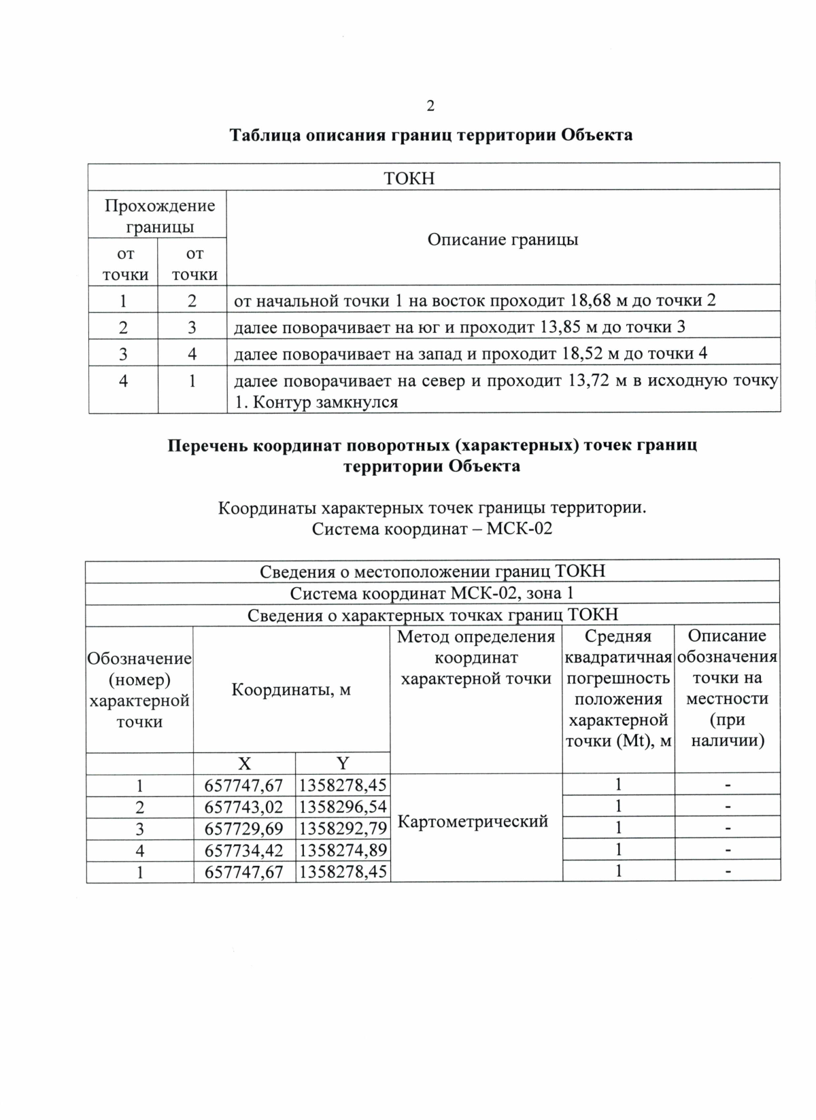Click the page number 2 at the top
tap(430, 105)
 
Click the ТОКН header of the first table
tap(409, 178)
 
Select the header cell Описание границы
tap(503, 239)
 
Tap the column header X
tap(243, 763)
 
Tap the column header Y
tap(343, 763)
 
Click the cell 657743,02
tap(243, 807)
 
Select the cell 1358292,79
tap(343, 829)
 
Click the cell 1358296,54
tap(343, 807)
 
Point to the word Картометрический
tap(473, 822)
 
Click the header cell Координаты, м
tap(291, 690)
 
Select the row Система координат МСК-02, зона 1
tap(432, 593)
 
